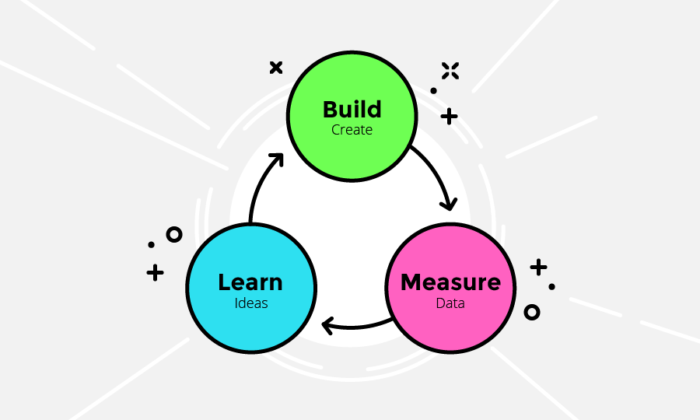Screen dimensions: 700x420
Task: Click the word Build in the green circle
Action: pos(352,110)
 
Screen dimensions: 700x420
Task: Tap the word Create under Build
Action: pos(352,130)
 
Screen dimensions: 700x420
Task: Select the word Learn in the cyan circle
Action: pos(250,282)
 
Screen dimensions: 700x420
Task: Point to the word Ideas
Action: pos(251,303)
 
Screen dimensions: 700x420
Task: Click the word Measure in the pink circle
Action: pos(450,282)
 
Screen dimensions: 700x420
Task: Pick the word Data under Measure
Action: pos(450,303)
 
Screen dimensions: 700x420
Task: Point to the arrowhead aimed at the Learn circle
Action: pos(327,326)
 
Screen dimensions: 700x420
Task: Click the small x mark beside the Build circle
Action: pos(276,68)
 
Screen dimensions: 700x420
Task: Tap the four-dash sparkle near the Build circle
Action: pos(450,71)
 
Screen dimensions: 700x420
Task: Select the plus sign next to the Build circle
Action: pos(449,117)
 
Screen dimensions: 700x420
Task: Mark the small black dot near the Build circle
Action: pos(433,90)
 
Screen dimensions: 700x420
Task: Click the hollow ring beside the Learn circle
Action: pos(174,234)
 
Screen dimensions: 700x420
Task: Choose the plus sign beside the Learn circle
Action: pos(155,272)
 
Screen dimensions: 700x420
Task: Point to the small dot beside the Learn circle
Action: pos(152,244)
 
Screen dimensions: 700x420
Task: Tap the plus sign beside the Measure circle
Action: pos(538,268)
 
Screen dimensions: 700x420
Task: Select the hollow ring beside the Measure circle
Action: pos(532,313)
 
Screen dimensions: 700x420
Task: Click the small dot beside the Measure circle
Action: pos(551,286)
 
